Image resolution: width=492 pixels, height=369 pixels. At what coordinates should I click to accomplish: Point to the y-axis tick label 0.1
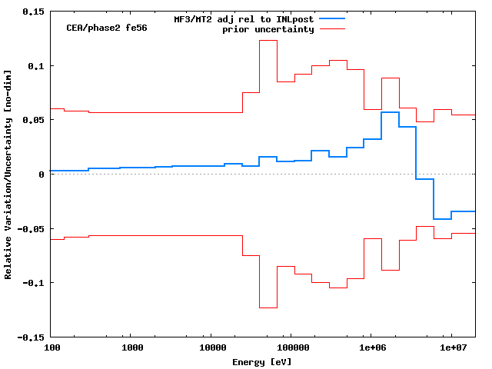click(x=35, y=66)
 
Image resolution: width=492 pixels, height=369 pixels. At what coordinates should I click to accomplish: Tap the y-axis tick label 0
click(x=42, y=175)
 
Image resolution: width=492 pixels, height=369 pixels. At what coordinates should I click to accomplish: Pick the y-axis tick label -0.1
click(x=33, y=283)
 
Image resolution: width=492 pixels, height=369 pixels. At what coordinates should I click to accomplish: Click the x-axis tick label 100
click(x=52, y=349)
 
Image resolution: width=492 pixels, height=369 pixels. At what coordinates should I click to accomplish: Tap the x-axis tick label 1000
click(x=132, y=349)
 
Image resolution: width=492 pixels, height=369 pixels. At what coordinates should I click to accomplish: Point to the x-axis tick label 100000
click(x=290, y=349)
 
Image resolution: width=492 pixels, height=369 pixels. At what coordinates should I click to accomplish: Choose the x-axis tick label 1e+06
click(x=371, y=349)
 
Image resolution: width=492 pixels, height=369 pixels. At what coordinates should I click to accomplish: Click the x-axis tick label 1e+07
click(x=451, y=349)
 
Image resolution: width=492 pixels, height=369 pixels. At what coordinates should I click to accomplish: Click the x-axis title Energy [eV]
click(x=262, y=361)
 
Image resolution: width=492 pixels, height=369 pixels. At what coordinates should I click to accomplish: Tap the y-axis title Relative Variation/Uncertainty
click(x=8, y=174)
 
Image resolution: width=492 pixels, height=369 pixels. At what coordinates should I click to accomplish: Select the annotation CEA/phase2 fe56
click(x=107, y=28)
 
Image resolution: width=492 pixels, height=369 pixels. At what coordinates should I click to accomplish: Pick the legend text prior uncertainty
click(x=268, y=29)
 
